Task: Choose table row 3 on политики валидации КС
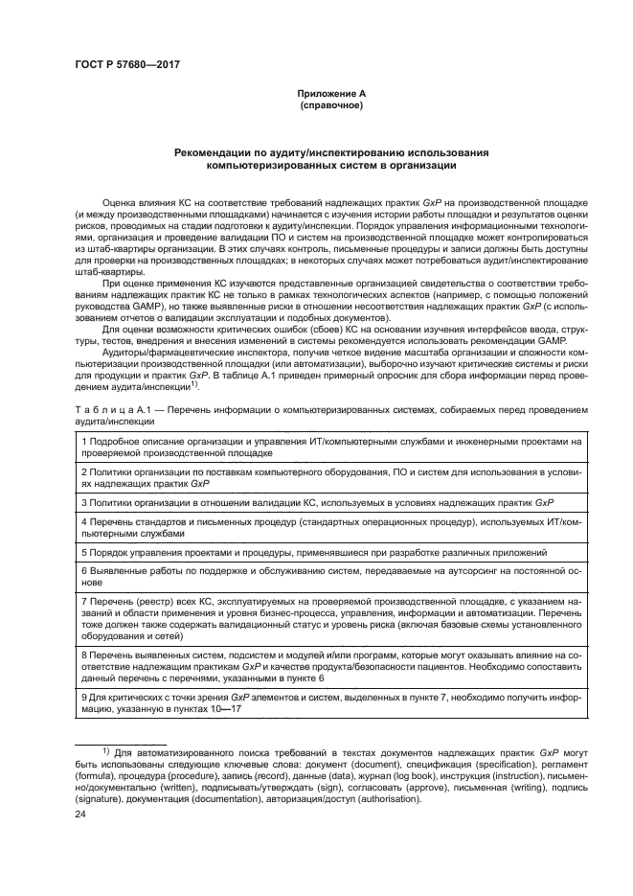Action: (316, 502)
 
